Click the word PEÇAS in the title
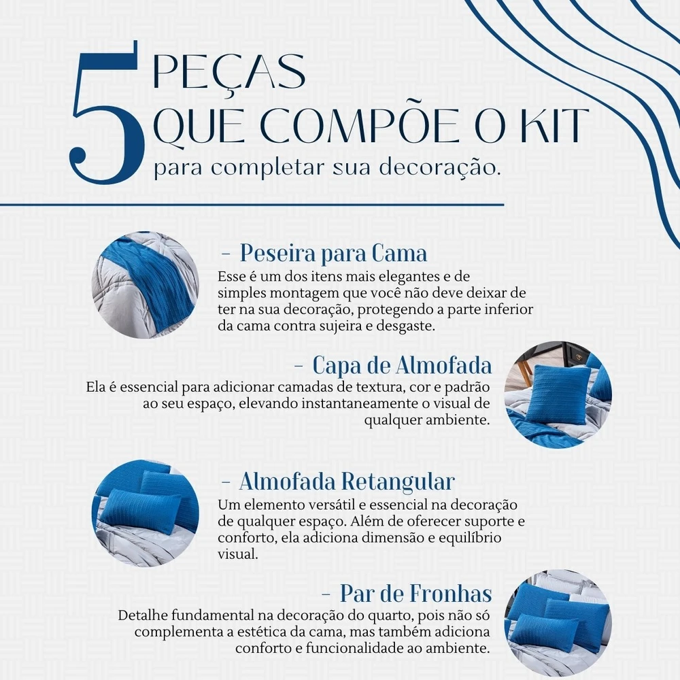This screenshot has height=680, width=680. pos(229,72)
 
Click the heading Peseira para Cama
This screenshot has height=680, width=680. pos(333,253)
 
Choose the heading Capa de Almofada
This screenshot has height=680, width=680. pos(402,365)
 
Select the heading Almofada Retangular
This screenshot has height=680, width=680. pos(347,481)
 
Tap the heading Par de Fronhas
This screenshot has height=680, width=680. pos(416,593)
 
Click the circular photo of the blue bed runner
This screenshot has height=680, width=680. pos(146,285)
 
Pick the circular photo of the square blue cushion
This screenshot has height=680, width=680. pos(558,394)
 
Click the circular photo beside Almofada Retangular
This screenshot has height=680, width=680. pos(146,513)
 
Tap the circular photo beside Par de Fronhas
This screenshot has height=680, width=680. pos(558,623)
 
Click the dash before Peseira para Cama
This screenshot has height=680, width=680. pos(226,254)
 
